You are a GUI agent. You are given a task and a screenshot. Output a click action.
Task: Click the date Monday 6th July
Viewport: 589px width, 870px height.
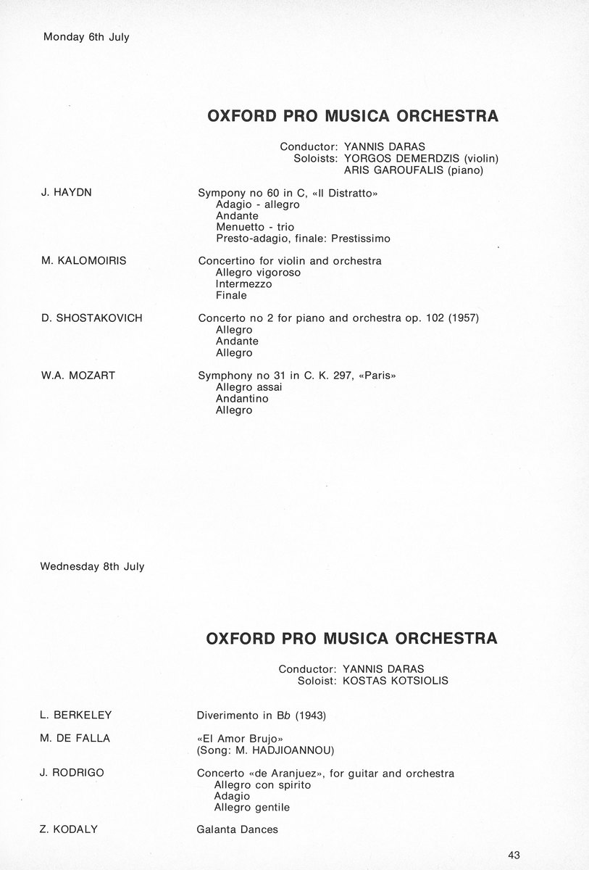click(x=86, y=37)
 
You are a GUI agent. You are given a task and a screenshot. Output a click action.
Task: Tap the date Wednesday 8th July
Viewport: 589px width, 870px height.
click(x=93, y=566)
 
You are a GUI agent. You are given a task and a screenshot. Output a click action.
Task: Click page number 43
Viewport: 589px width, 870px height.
click(x=514, y=854)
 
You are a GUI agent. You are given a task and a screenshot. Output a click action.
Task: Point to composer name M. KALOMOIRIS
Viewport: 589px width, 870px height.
click(x=83, y=260)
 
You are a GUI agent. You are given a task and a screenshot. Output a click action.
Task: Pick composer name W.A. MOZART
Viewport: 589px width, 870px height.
click(x=78, y=376)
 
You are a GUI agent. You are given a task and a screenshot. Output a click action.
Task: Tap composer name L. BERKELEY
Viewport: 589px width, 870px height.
click(x=77, y=716)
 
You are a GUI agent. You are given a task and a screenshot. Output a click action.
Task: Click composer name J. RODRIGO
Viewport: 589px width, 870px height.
click(x=72, y=773)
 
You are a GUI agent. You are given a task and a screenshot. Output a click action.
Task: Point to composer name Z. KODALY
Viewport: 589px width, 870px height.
click(x=70, y=829)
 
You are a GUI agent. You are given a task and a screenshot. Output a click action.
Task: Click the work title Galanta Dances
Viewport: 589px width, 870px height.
click(x=238, y=829)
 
